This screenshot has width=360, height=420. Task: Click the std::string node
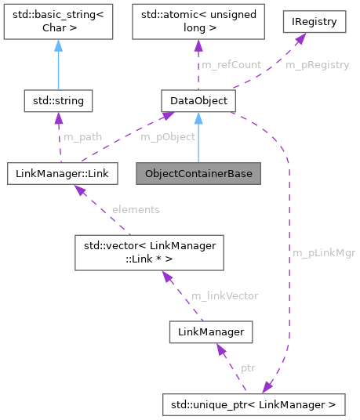point(59,100)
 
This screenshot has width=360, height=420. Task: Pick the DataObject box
point(198,100)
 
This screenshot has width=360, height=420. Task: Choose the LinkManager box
point(212,331)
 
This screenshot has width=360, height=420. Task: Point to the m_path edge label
point(82,136)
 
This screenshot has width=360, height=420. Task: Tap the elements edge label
point(136,209)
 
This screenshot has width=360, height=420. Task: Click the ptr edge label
point(248,367)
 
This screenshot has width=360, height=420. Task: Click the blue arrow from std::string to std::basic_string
point(59,66)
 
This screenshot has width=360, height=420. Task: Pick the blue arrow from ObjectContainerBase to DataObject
point(198,137)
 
